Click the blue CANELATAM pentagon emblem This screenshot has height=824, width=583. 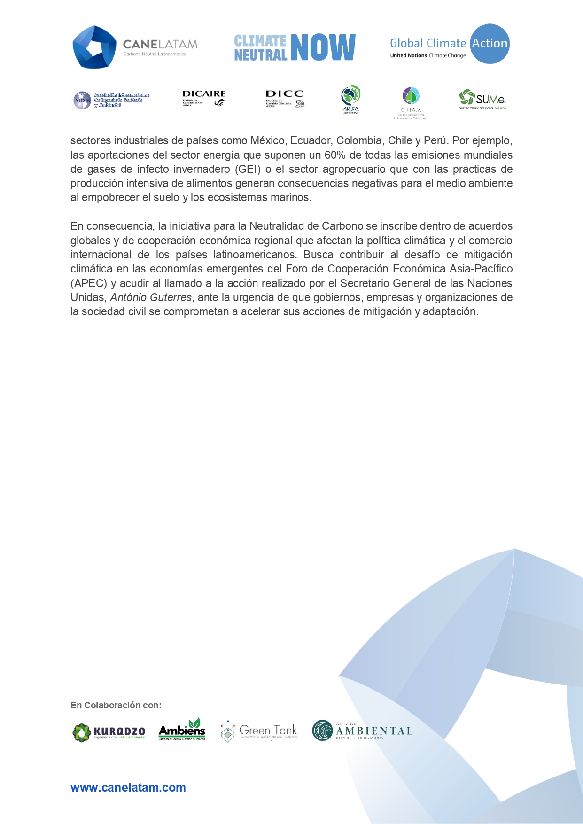pyautogui.click(x=94, y=47)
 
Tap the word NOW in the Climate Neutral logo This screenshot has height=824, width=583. pyautogui.click(x=323, y=47)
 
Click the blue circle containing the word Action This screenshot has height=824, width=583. pyautogui.click(x=490, y=44)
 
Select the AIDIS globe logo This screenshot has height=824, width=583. pyautogui.click(x=82, y=100)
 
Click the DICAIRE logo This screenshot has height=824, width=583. pyautogui.click(x=204, y=98)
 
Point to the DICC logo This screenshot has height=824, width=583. pyautogui.click(x=285, y=99)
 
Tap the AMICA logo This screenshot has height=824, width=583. pyautogui.click(x=351, y=99)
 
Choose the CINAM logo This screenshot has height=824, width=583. pyautogui.click(x=411, y=103)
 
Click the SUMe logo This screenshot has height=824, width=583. pyautogui.click(x=482, y=99)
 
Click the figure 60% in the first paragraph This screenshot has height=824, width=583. pyautogui.click(x=335, y=155)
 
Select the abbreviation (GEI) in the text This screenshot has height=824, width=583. pyautogui.click(x=248, y=169)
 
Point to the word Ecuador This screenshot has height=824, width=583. pyautogui.click(x=310, y=140)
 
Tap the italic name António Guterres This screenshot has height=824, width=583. pyautogui.click(x=151, y=297)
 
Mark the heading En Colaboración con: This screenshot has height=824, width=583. pyautogui.click(x=116, y=705)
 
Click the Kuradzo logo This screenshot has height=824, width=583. pyautogui.click(x=109, y=732)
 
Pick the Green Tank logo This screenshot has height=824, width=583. pyautogui.click(x=259, y=731)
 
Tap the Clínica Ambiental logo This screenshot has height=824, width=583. pyautogui.click(x=362, y=731)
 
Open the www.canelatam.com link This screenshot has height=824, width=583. pyautogui.click(x=128, y=787)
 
